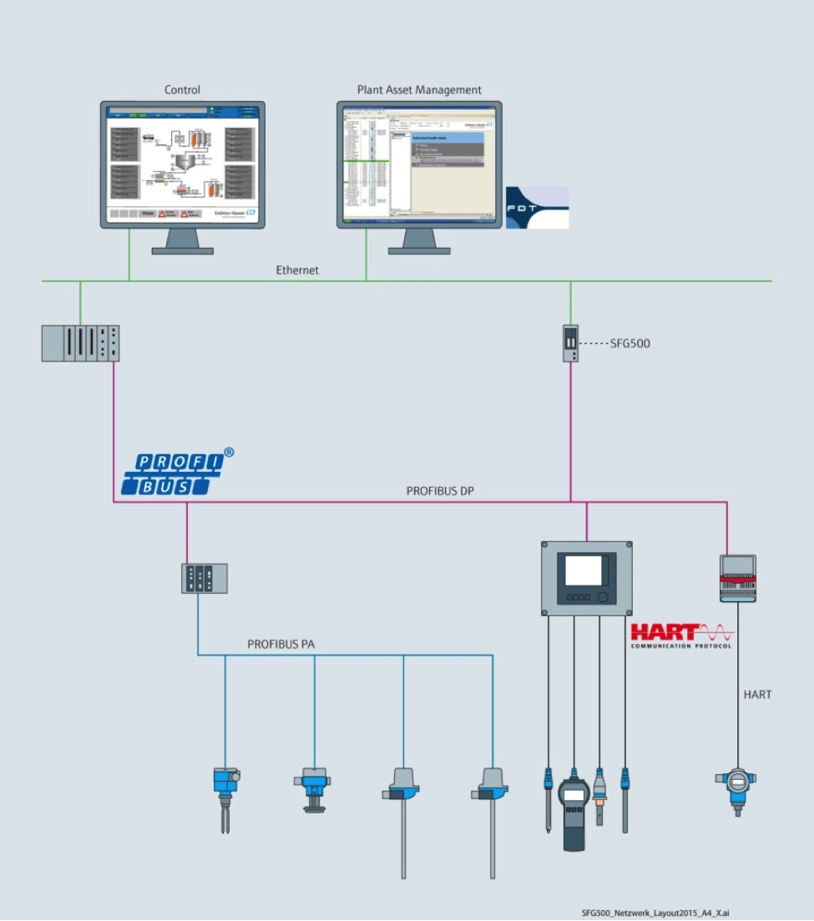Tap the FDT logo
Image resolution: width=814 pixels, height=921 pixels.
pyautogui.click(x=537, y=207)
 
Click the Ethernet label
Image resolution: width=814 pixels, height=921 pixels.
pyautogui.click(x=297, y=271)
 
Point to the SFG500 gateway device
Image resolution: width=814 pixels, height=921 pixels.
pyautogui.click(x=571, y=343)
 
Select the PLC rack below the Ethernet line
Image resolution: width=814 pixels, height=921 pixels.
pyautogui.click(x=80, y=343)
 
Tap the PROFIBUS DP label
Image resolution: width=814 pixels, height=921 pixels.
pyautogui.click(x=440, y=491)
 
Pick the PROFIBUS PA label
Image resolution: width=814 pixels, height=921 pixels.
pyautogui.click(x=281, y=645)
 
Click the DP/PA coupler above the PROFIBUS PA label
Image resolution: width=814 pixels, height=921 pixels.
pyautogui.click(x=204, y=578)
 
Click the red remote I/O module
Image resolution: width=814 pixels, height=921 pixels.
pyautogui.click(x=738, y=578)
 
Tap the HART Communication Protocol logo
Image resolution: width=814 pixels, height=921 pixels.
pyautogui.click(x=681, y=635)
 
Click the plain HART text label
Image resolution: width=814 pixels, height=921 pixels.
pyautogui.click(x=758, y=694)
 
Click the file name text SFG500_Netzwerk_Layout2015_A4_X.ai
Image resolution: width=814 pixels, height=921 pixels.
pyautogui.click(x=655, y=913)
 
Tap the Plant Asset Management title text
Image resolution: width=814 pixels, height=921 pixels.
pyautogui.click(x=419, y=90)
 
